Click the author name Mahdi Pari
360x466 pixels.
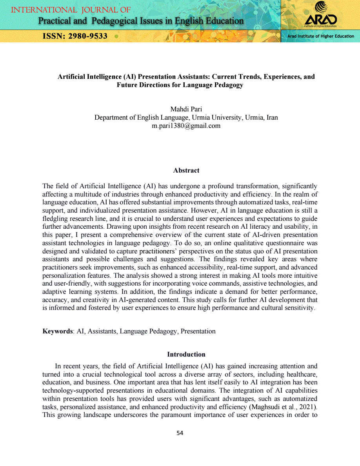(x=186, y=109)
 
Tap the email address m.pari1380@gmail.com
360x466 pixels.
(x=186, y=126)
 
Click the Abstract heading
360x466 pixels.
(x=186, y=171)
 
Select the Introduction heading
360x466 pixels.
(x=186, y=354)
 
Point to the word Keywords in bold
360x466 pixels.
(x=58, y=331)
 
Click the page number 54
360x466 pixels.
(x=180, y=433)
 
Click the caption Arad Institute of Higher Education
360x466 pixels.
(x=320, y=36)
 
